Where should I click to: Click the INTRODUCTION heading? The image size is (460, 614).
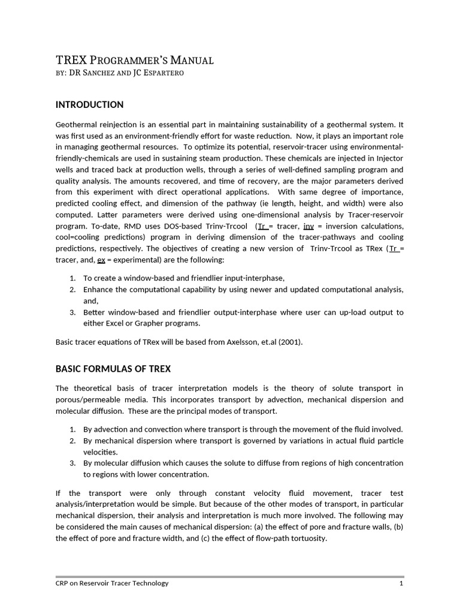89,105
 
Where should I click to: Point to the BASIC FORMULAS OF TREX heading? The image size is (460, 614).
113,368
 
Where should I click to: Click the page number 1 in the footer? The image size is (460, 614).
401,583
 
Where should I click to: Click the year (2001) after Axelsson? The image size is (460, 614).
290,342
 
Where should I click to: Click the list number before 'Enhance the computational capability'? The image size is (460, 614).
72,290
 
